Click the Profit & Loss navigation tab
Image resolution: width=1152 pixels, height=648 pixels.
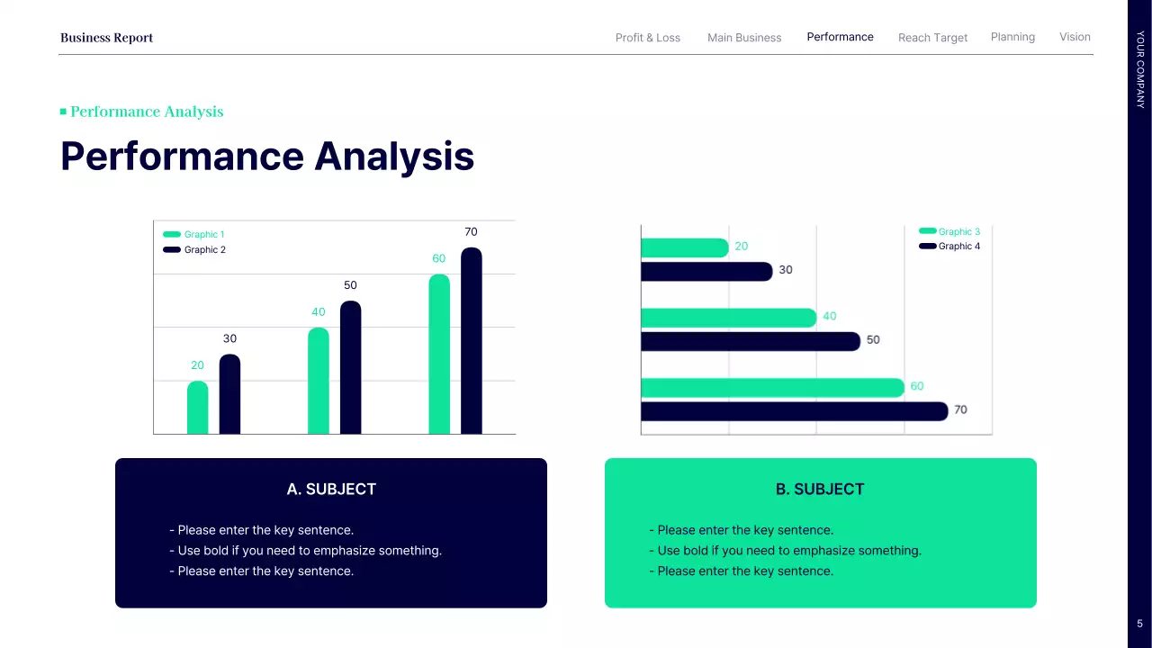(647, 38)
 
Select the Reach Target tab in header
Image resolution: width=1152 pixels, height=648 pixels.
(932, 38)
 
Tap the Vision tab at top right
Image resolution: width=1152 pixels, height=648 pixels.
(1075, 37)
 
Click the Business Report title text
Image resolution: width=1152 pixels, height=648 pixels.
(106, 38)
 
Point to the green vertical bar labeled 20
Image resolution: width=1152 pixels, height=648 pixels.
(197, 408)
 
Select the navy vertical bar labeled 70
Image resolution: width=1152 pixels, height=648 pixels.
(471, 342)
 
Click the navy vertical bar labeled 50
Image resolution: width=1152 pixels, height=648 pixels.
(350, 368)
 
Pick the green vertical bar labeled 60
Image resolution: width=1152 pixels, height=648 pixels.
(439, 355)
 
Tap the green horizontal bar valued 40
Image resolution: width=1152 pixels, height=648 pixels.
(728, 318)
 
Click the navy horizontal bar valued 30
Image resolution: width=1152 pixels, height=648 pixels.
(706, 271)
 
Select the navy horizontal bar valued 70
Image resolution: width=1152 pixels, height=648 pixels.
(794, 411)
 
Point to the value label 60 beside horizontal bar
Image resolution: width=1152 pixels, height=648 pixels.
(916, 386)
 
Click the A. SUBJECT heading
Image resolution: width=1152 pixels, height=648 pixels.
(331, 490)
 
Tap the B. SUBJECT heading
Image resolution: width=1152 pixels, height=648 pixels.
(820, 490)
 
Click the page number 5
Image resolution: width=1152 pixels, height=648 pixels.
(1139, 624)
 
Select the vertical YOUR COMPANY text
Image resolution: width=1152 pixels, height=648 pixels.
(1140, 69)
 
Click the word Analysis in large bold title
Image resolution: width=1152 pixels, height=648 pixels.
(394, 157)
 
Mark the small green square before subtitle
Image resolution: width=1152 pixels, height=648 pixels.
(63, 112)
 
